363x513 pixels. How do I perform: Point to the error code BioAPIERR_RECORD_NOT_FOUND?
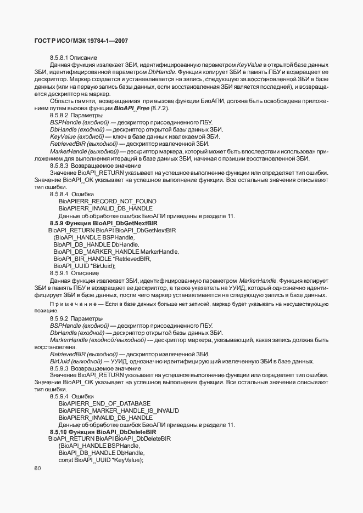(x=107, y=201)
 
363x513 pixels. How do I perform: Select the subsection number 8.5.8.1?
(x=59, y=58)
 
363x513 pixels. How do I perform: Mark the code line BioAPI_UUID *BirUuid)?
(x=85, y=266)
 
